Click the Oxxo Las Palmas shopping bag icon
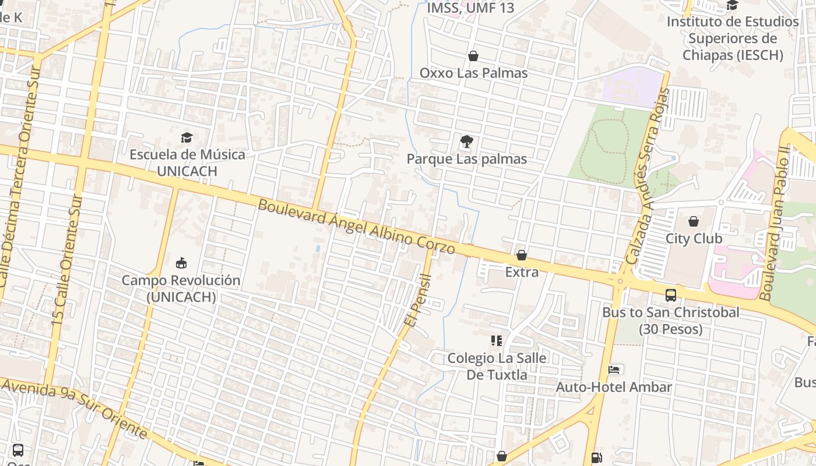[x=473, y=56]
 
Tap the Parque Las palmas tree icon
[x=466, y=142]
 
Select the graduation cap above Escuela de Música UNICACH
[x=187, y=137]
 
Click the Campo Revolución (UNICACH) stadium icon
[x=181, y=263]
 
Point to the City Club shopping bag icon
[x=694, y=221]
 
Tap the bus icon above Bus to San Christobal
[x=671, y=295]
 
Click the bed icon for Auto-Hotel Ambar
[x=614, y=369]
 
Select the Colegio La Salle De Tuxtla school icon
[x=497, y=340]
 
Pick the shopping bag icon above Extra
[x=522, y=255]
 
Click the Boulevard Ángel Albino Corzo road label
[x=356, y=227]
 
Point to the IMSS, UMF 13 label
[x=470, y=8]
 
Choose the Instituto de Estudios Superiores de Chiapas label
[x=732, y=38]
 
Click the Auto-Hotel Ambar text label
[x=614, y=387]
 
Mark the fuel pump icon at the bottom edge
[x=596, y=458]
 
